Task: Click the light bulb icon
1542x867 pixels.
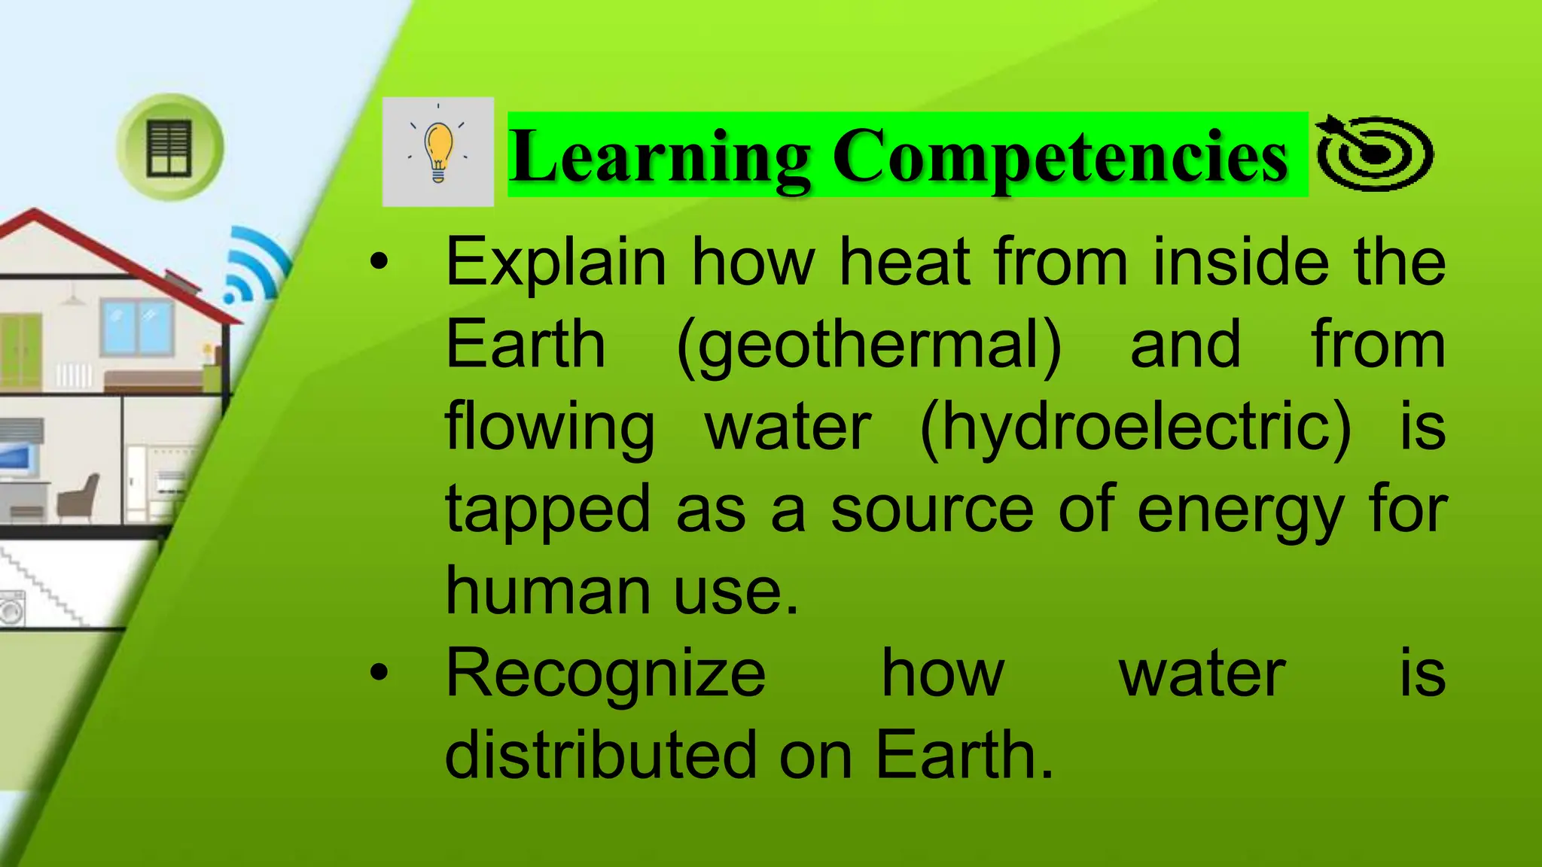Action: point(438,152)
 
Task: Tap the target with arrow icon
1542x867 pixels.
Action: point(1374,153)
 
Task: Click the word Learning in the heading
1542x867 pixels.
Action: point(660,156)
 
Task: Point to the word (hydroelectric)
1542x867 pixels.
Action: point(1135,427)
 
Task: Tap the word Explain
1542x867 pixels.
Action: point(556,263)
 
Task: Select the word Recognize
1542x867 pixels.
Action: point(605,674)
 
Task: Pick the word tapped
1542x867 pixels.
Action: point(547,510)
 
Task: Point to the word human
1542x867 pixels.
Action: point(547,591)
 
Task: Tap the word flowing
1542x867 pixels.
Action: point(550,427)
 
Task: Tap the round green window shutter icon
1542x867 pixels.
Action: point(169,148)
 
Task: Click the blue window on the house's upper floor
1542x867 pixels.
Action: point(137,328)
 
